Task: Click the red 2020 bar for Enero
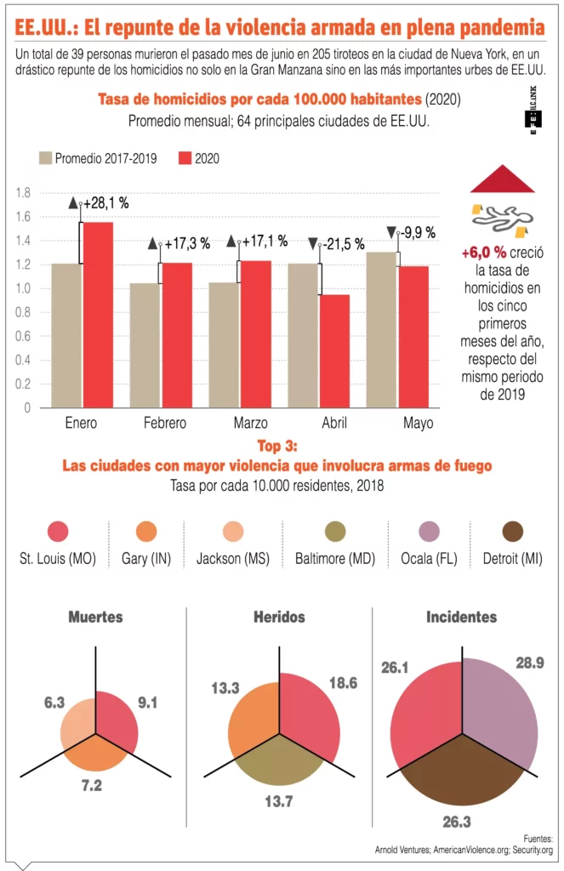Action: click(x=98, y=315)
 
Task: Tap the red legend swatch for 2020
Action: click(x=185, y=158)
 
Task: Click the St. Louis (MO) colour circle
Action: click(x=58, y=532)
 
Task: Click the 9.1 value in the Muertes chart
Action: click(x=146, y=703)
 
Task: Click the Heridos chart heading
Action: click(x=279, y=617)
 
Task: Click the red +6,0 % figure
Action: click(x=484, y=253)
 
